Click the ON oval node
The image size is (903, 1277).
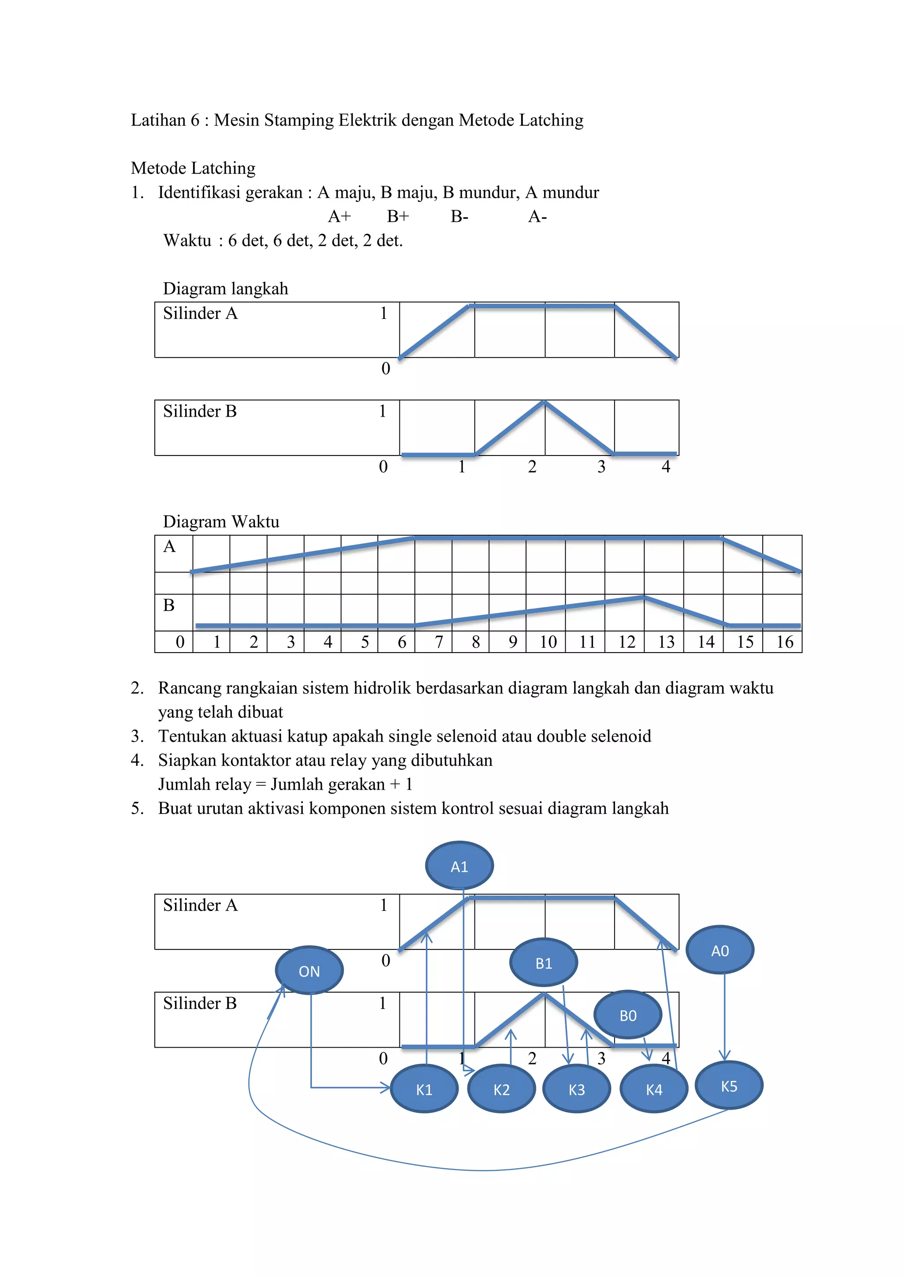[309, 971]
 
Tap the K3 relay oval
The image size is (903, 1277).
[577, 1089]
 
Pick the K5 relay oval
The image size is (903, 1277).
[729, 1086]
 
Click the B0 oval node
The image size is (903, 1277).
[628, 1015]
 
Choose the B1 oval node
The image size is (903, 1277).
[544, 963]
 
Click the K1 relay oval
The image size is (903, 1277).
[424, 1089]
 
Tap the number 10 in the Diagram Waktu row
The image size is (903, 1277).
[548, 642]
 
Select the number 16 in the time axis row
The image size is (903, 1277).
[784, 642]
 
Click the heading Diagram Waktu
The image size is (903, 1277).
[221, 522]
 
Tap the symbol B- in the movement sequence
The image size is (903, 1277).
[459, 217]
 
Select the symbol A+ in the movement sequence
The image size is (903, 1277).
[339, 217]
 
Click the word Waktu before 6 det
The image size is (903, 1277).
[187, 240]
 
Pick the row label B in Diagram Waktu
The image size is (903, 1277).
[169, 605]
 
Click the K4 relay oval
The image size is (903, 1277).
[654, 1089]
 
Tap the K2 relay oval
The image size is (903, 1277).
[501, 1089]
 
